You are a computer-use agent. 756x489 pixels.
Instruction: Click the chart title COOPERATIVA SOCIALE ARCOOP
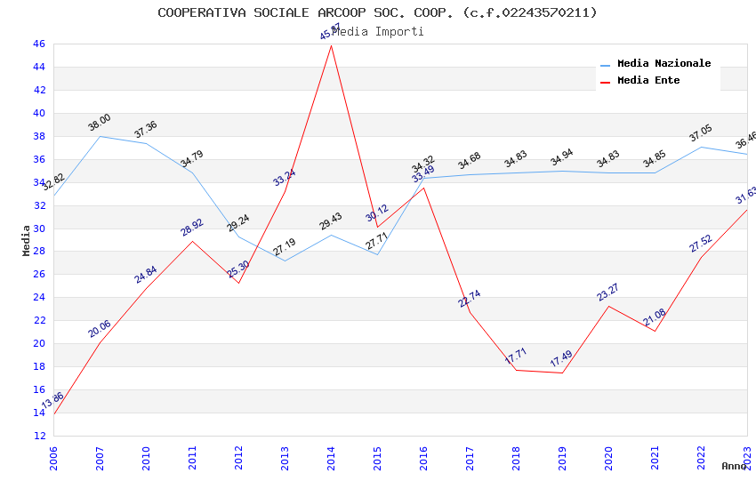377,12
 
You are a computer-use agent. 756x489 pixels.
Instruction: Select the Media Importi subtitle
377,31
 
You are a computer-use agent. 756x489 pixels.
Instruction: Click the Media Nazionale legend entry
664,64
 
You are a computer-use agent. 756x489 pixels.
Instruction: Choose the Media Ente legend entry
648,81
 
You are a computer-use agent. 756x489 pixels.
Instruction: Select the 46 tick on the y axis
38,44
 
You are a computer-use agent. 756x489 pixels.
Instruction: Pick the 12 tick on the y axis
38,436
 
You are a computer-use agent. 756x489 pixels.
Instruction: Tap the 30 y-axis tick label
38,228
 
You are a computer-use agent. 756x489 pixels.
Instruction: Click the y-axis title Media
27,240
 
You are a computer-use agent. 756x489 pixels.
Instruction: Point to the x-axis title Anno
734,466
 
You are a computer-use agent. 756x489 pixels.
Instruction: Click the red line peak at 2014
331,45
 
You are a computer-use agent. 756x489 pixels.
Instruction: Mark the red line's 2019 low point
562,373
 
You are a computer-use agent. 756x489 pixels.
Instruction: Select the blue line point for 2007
100,136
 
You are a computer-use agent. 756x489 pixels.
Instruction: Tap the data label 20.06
99,329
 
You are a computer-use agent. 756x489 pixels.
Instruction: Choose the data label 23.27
608,292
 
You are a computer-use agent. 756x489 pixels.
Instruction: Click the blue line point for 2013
285,261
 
